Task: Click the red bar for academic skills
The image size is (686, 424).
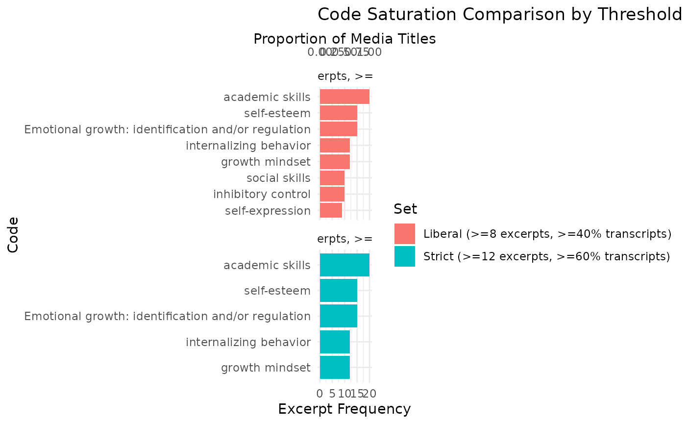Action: click(x=344, y=97)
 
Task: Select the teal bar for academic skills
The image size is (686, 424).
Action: click(x=344, y=265)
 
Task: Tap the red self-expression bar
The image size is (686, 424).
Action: click(x=331, y=210)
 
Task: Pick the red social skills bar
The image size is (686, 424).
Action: click(x=332, y=177)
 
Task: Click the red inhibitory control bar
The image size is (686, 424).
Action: click(x=332, y=194)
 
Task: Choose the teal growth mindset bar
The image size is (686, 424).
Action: click(x=335, y=367)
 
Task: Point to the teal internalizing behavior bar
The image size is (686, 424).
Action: click(x=335, y=342)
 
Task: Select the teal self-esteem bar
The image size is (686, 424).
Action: click(x=338, y=291)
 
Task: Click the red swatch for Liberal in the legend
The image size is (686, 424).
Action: click(x=405, y=234)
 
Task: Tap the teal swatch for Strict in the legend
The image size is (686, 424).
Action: click(x=405, y=256)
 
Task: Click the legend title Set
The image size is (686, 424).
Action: click(x=405, y=209)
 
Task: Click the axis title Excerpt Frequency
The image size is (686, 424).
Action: click(x=344, y=409)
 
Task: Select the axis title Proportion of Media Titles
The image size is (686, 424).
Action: click(x=344, y=39)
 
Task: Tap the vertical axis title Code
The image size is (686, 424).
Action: click(x=13, y=235)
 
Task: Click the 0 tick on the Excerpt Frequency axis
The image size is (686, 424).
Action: click(x=320, y=393)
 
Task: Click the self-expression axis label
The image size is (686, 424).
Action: click(x=268, y=211)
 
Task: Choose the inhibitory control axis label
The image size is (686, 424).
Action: click(x=262, y=194)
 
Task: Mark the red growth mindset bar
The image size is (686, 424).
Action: click(x=335, y=161)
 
